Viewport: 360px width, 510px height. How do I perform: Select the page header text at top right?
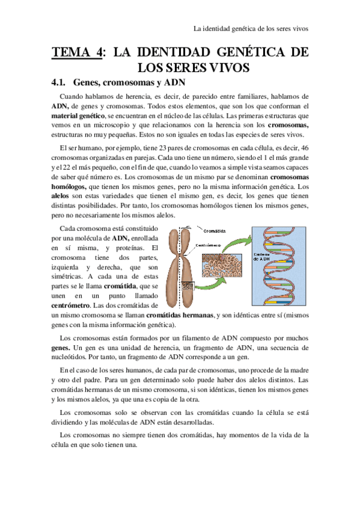click(251, 28)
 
